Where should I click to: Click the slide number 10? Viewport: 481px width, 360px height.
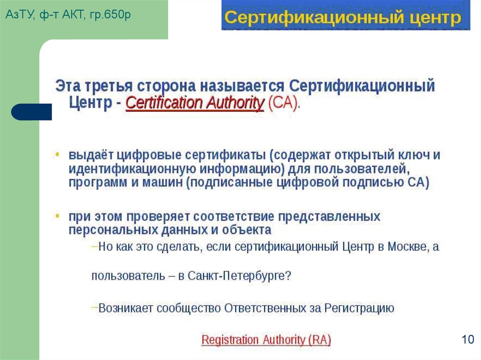tap(468, 340)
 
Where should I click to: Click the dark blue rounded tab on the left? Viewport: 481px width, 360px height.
tap(31, 112)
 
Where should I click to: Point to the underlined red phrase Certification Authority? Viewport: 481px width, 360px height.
tap(195, 103)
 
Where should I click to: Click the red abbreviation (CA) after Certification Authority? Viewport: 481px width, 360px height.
tap(283, 103)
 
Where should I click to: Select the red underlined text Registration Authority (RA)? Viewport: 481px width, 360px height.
tap(266, 340)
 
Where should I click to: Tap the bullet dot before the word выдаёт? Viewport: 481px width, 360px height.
tap(58, 155)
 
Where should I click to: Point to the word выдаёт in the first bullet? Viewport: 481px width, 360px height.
tap(91, 155)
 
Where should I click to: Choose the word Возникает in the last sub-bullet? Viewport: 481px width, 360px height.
tap(126, 308)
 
